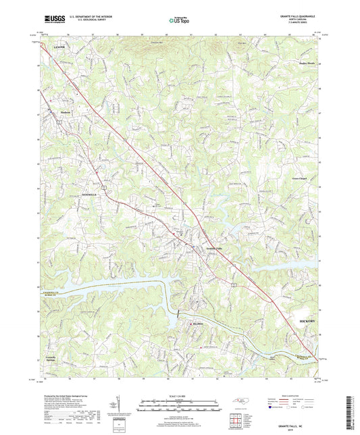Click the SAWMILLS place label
click(91, 194)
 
